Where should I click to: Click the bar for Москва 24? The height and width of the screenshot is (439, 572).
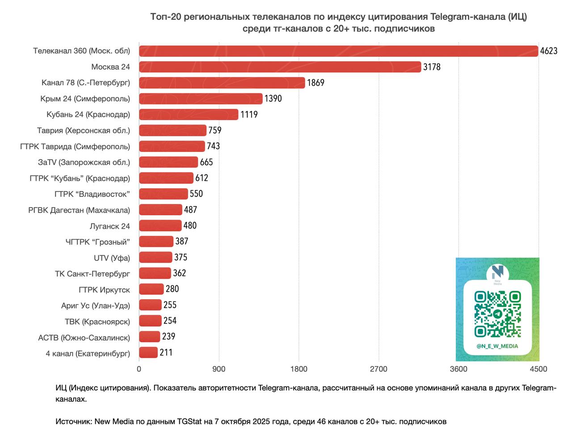click(x=280, y=67)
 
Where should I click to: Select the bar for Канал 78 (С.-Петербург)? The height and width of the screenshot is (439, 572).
click(x=222, y=83)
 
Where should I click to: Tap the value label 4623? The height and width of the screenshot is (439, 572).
click(x=548, y=51)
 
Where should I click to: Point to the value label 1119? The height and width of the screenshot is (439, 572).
click(x=249, y=115)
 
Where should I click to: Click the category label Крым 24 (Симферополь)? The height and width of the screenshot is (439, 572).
click(x=88, y=99)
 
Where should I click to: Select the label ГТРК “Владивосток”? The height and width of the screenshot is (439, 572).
click(x=92, y=194)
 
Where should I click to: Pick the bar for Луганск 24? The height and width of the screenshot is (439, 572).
click(x=160, y=226)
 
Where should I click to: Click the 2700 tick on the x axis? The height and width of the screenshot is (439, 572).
click(x=379, y=369)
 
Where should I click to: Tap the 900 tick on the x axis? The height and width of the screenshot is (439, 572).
click(x=219, y=369)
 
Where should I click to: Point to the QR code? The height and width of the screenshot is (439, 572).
click(x=497, y=314)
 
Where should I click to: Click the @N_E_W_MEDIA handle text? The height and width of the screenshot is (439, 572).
click(x=497, y=346)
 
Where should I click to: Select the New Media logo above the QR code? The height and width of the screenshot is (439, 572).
click(x=497, y=274)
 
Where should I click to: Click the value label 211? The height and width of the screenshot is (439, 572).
click(x=166, y=353)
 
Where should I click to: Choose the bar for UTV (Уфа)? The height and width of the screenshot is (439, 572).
click(x=156, y=258)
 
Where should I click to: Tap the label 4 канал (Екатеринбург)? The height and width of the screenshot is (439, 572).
click(x=88, y=354)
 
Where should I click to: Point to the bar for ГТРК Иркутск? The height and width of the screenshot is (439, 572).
click(x=151, y=289)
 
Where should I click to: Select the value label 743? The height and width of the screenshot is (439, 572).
click(x=213, y=146)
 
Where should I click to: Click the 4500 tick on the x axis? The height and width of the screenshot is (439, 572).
click(x=538, y=369)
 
